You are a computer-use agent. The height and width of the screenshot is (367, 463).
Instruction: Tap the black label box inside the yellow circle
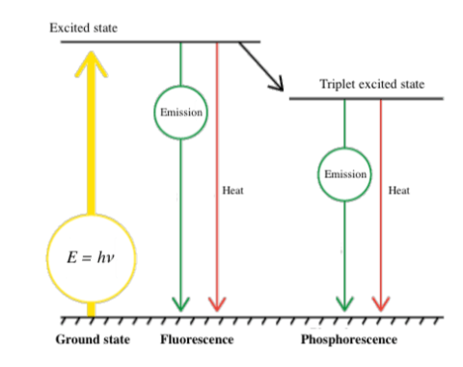click(91, 258)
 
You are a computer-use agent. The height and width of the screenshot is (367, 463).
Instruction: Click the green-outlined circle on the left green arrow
click(180, 111)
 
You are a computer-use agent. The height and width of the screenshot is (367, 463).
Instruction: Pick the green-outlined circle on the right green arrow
click(344, 174)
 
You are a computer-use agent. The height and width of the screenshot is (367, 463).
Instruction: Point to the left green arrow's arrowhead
click(180, 302)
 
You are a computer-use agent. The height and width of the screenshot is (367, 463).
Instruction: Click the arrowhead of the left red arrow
click(216, 302)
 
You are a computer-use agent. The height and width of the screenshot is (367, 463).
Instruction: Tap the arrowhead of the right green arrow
click(344, 302)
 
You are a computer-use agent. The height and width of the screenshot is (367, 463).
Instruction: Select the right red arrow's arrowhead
click(380, 302)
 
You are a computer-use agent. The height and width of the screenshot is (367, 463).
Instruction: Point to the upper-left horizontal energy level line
click(159, 42)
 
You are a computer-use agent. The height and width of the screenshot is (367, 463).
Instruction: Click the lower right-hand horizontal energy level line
click(367, 98)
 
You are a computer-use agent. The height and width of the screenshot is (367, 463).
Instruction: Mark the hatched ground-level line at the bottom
click(251, 317)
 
